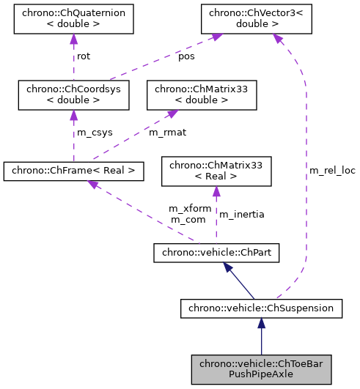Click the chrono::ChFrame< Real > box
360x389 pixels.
(x=73, y=171)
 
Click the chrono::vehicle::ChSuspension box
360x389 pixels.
(x=262, y=308)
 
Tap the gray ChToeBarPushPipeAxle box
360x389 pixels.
(x=262, y=368)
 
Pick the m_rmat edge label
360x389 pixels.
(x=165, y=132)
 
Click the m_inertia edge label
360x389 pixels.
(x=242, y=214)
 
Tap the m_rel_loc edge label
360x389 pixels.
(x=331, y=170)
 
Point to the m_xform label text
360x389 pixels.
(x=190, y=208)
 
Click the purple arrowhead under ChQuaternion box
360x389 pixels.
(x=73, y=40)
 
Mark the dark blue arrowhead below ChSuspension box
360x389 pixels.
(x=262, y=324)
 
